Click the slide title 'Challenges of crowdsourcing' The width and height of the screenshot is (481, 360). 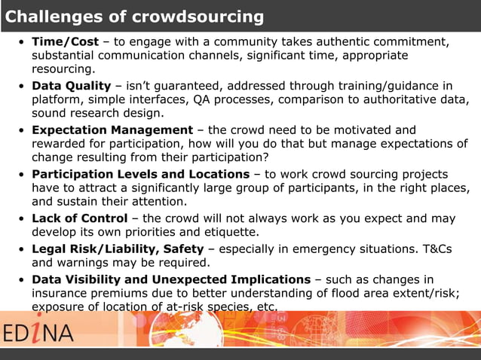coord(135,17)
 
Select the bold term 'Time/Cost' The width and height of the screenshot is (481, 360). coord(65,41)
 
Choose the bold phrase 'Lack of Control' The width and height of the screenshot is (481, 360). coord(79,218)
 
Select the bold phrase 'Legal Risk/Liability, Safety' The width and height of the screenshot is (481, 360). coord(118,249)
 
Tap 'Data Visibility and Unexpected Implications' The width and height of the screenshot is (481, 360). coord(170,279)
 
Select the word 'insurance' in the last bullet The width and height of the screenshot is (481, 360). coord(62,293)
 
